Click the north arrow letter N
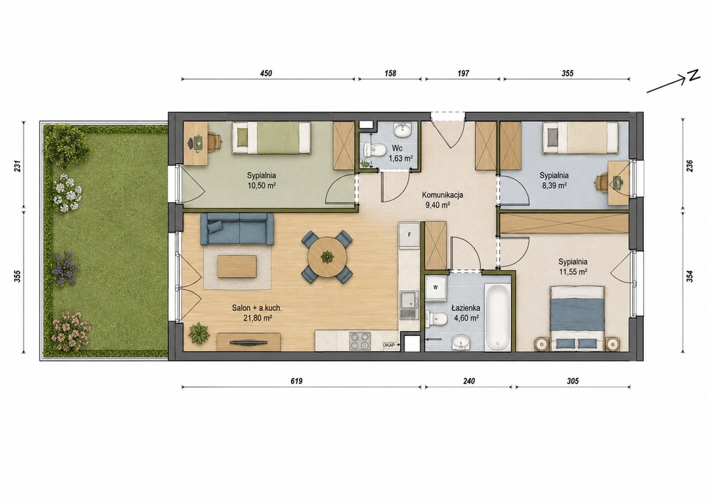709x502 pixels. click(x=694, y=76)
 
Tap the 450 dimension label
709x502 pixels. click(x=267, y=73)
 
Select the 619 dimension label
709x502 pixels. click(x=296, y=381)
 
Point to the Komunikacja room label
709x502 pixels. click(x=442, y=195)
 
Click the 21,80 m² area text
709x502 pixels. click(x=258, y=318)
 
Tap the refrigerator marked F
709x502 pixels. click(x=410, y=236)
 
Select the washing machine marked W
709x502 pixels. click(x=436, y=287)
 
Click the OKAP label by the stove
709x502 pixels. click(x=389, y=345)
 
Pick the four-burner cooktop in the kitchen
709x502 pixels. click(x=360, y=341)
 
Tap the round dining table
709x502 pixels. click(x=327, y=258)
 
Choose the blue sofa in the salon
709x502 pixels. click(x=237, y=229)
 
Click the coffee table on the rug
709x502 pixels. click(x=237, y=267)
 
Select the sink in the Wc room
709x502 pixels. click(x=402, y=131)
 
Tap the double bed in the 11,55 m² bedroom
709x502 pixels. click(x=577, y=316)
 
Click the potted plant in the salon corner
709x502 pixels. click(x=199, y=334)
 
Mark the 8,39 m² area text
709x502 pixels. click(x=554, y=185)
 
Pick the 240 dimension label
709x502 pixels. click(x=469, y=381)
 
